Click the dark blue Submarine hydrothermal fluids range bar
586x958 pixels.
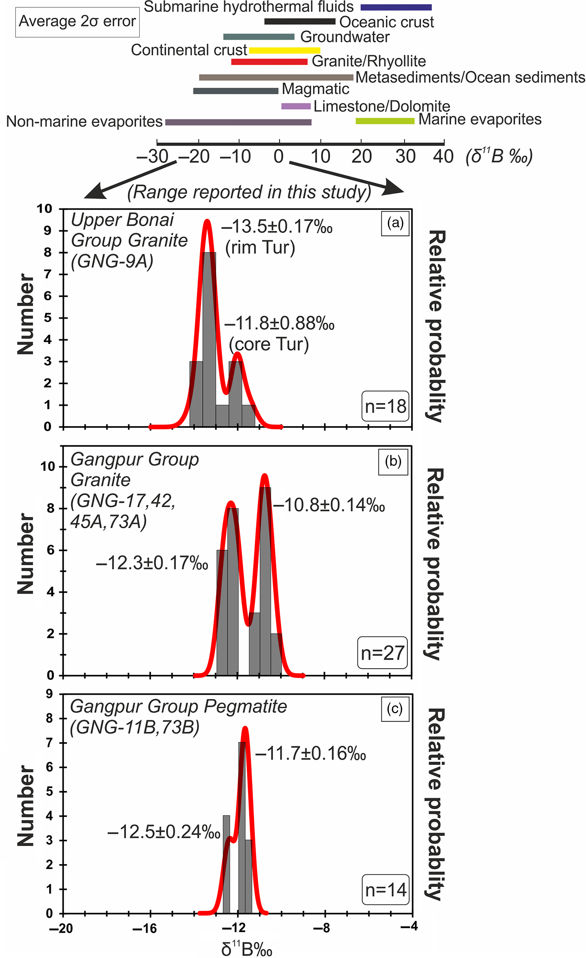(x=396, y=7)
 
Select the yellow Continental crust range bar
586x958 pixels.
(x=284, y=50)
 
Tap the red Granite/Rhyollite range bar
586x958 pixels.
(x=269, y=61)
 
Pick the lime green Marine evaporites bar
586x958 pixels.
(x=385, y=121)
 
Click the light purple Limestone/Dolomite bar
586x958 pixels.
(x=295, y=106)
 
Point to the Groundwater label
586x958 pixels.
(x=345, y=37)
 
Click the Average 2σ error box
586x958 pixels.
(x=77, y=22)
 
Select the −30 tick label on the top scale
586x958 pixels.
(x=153, y=156)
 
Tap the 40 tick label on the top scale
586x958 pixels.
(x=443, y=156)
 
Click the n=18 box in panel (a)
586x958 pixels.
(x=385, y=406)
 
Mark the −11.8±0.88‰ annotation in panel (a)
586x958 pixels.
(x=279, y=323)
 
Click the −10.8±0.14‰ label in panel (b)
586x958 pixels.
(x=329, y=505)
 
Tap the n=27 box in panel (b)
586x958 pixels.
(x=382, y=653)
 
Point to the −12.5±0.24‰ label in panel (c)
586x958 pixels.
(x=163, y=832)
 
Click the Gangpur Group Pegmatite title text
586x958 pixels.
(x=178, y=706)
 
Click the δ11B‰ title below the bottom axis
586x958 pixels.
(x=247, y=948)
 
